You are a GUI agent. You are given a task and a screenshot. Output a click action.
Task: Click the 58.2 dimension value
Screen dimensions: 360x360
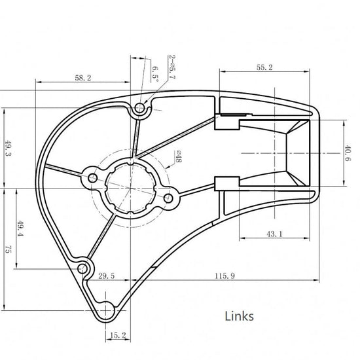click(x=83, y=78)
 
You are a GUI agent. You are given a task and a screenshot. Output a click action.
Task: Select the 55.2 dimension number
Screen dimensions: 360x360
click(x=264, y=67)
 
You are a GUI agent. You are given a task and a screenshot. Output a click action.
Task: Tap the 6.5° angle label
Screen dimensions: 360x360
click(x=155, y=75)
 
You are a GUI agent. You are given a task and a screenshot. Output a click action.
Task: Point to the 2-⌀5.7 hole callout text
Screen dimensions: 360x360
click(x=172, y=67)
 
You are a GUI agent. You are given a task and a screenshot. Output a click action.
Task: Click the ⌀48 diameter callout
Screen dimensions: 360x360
click(x=179, y=156)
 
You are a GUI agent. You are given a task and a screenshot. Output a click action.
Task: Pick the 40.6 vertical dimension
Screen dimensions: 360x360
click(x=348, y=153)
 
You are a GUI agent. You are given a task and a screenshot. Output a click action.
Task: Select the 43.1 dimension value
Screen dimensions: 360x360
click(x=274, y=234)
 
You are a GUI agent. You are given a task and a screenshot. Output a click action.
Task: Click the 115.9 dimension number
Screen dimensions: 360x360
click(x=225, y=276)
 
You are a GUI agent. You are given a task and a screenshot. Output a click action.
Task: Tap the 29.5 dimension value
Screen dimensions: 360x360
click(x=106, y=276)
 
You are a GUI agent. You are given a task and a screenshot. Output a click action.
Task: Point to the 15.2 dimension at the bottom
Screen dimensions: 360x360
click(x=118, y=335)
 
